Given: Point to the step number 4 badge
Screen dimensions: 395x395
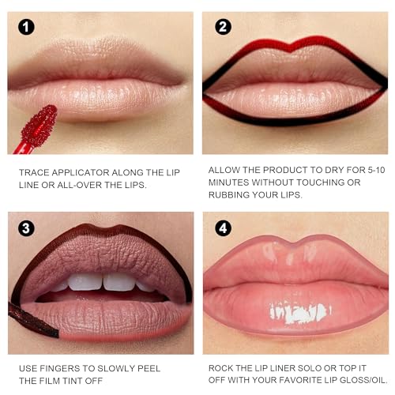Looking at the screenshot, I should click(x=224, y=230).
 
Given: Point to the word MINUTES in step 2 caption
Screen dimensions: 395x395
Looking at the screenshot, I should click(x=230, y=182).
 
